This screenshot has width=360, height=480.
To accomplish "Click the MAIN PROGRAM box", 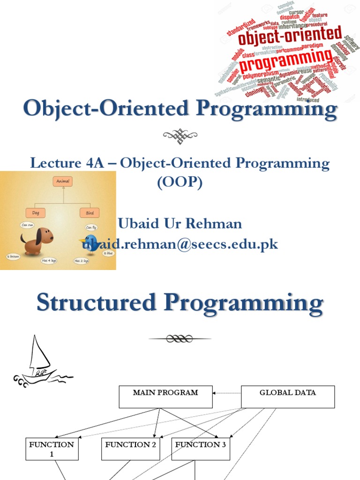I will (x=165, y=397).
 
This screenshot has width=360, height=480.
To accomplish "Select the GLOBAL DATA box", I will (x=288, y=397).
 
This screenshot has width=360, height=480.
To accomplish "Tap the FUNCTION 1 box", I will (x=52, y=449).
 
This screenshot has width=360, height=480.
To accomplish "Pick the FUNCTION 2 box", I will (x=131, y=449).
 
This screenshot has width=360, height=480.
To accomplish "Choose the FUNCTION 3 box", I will (x=201, y=449).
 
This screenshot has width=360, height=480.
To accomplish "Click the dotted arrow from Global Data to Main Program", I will (x=227, y=393).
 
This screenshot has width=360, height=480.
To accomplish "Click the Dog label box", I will (x=36, y=213).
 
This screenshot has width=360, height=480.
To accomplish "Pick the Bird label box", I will (x=90, y=213).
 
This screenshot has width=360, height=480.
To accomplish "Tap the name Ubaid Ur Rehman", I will (x=180, y=224).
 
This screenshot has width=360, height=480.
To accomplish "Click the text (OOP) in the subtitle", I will (x=180, y=183).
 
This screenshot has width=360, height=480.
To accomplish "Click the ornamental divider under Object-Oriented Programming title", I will (x=180, y=136).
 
